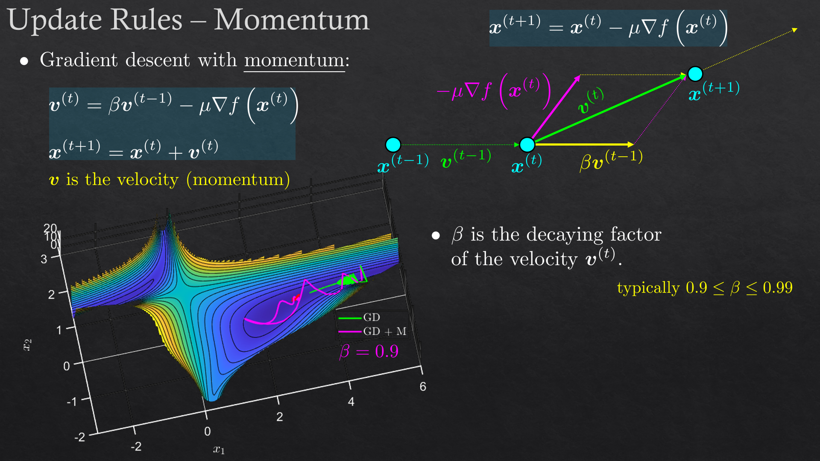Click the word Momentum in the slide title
[x=292, y=20]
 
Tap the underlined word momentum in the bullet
[x=294, y=60]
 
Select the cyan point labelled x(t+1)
[x=695, y=74]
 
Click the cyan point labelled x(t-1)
[x=393, y=145]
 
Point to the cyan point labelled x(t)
[x=527, y=145]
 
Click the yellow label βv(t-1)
[x=611, y=160]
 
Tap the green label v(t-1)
[x=466, y=158]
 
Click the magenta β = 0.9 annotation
[x=369, y=351]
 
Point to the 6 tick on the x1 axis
[x=423, y=386]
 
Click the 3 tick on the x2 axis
[x=44, y=259]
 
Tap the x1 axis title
[x=219, y=449]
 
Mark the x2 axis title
[x=27, y=345]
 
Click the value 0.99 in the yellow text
[x=778, y=288]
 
